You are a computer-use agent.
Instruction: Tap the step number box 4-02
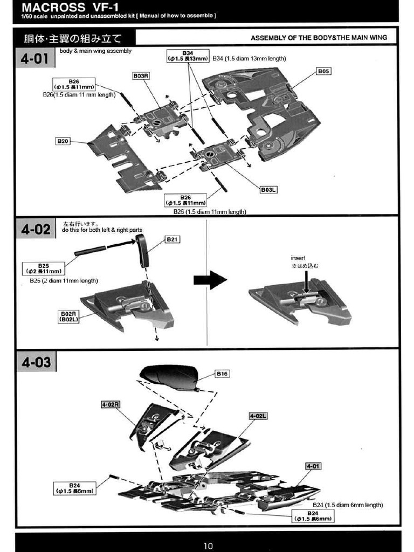click(35, 230)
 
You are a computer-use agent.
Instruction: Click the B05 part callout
click(323, 71)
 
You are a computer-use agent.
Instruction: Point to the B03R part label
click(140, 76)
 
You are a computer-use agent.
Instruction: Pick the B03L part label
click(268, 190)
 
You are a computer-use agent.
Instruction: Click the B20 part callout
click(63, 141)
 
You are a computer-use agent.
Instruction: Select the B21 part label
click(172, 239)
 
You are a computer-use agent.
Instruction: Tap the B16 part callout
click(223, 373)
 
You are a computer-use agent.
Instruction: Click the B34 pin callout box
click(187, 56)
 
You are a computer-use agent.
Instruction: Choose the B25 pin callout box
click(43, 268)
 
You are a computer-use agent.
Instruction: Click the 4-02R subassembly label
click(110, 404)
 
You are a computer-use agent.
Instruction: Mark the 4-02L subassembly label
click(258, 416)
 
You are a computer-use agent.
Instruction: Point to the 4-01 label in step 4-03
click(313, 466)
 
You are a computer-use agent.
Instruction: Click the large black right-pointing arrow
click(210, 280)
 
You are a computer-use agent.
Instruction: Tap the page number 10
click(208, 545)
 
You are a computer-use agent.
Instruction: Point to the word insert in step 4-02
click(298, 258)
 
